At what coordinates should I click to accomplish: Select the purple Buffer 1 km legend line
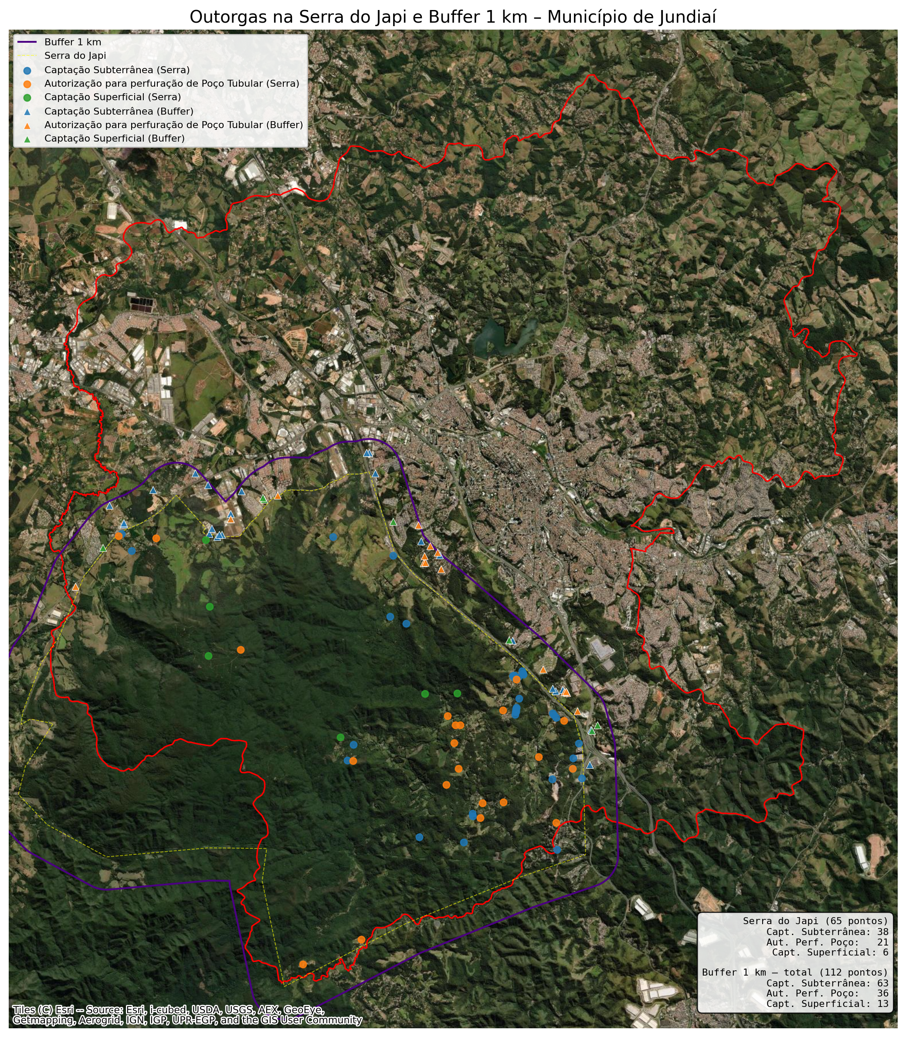27,42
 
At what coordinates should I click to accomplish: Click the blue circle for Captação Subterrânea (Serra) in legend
27,70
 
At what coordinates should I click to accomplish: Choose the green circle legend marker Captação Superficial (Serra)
27,97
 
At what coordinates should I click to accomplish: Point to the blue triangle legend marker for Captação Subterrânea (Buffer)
27,111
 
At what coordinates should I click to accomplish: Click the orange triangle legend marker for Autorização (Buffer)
27,125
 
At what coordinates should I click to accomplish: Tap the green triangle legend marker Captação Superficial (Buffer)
27,139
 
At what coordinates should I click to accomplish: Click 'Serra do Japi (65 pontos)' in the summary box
815,921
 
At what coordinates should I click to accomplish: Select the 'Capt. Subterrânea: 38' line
827,932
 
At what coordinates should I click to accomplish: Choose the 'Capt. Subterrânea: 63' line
827,983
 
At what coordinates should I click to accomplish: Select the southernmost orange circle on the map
303,964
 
